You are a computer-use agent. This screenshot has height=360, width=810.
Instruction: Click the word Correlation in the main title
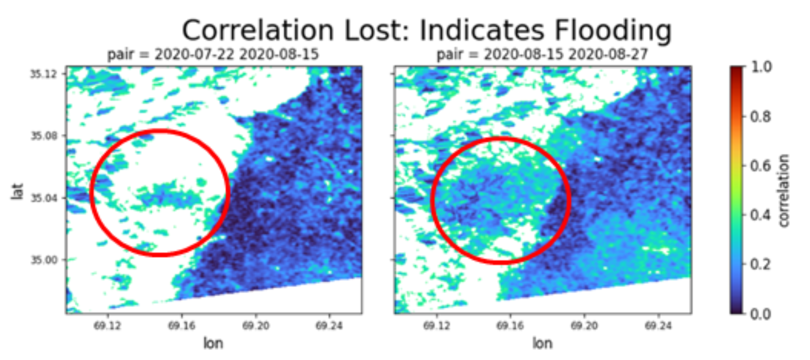(257, 31)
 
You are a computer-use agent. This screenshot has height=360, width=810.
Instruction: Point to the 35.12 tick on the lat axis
(42, 74)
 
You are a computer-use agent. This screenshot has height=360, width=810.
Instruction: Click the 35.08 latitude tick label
(42, 136)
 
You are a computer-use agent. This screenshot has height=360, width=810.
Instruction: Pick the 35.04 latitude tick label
(42, 198)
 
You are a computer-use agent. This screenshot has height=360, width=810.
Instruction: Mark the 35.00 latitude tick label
(42, 260)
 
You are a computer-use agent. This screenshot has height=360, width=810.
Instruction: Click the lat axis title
(17, 191)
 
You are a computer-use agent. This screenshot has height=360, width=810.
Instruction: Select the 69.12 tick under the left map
(107, 326)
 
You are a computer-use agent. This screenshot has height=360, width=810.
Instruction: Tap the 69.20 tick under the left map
(255, 326)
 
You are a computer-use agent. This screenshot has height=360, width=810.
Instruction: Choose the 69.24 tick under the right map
(658, 326)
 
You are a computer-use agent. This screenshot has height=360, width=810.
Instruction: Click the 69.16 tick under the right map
(510, 326)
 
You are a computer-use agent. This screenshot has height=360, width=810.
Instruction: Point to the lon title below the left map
(213, 343)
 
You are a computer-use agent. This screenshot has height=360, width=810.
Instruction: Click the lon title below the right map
(542, 343)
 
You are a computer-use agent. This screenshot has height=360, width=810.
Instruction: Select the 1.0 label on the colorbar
(761, 67)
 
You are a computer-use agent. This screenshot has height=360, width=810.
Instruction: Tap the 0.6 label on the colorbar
(761, 166)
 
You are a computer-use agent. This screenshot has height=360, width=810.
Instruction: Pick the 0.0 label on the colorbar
(761, 314)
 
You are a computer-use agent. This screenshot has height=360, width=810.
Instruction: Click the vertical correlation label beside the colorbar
(783, 190)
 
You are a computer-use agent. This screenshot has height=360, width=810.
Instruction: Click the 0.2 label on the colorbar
(761, 264)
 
